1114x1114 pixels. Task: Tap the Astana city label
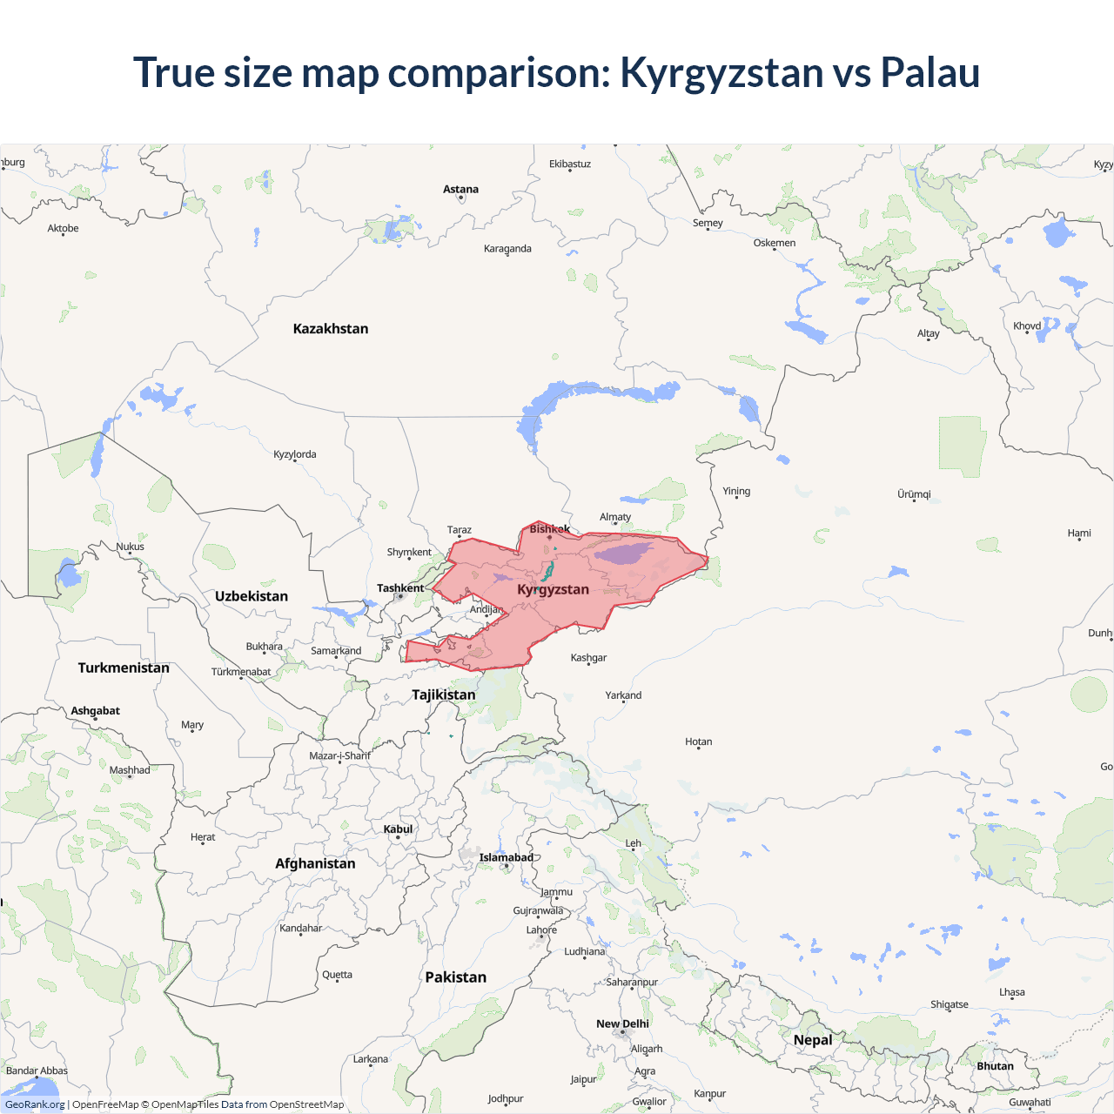[460, 190]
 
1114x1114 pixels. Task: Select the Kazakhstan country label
[331, 329]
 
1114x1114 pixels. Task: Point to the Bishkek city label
[550, 529]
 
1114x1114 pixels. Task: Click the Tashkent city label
[400, 588]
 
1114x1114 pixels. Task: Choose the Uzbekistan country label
[252, 596]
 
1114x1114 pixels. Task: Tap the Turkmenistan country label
[124, 668]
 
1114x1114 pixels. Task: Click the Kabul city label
[398, 829]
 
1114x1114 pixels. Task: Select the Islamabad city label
[506, 857]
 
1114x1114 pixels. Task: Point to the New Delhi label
[622, 1023]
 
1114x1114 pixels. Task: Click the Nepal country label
[813, 1040]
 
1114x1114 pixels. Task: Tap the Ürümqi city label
[914, 494]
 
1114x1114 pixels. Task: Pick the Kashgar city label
[588, 658]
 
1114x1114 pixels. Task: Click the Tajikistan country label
[444, 695]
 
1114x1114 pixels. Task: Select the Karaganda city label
[507, 249]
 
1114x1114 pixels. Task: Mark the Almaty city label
[615, 517]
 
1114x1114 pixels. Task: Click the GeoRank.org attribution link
[35, 1104]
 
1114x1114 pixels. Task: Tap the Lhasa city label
[1012, 992]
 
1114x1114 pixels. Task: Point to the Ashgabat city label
[96, 711]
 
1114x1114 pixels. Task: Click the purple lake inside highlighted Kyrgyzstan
[623, 554]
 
